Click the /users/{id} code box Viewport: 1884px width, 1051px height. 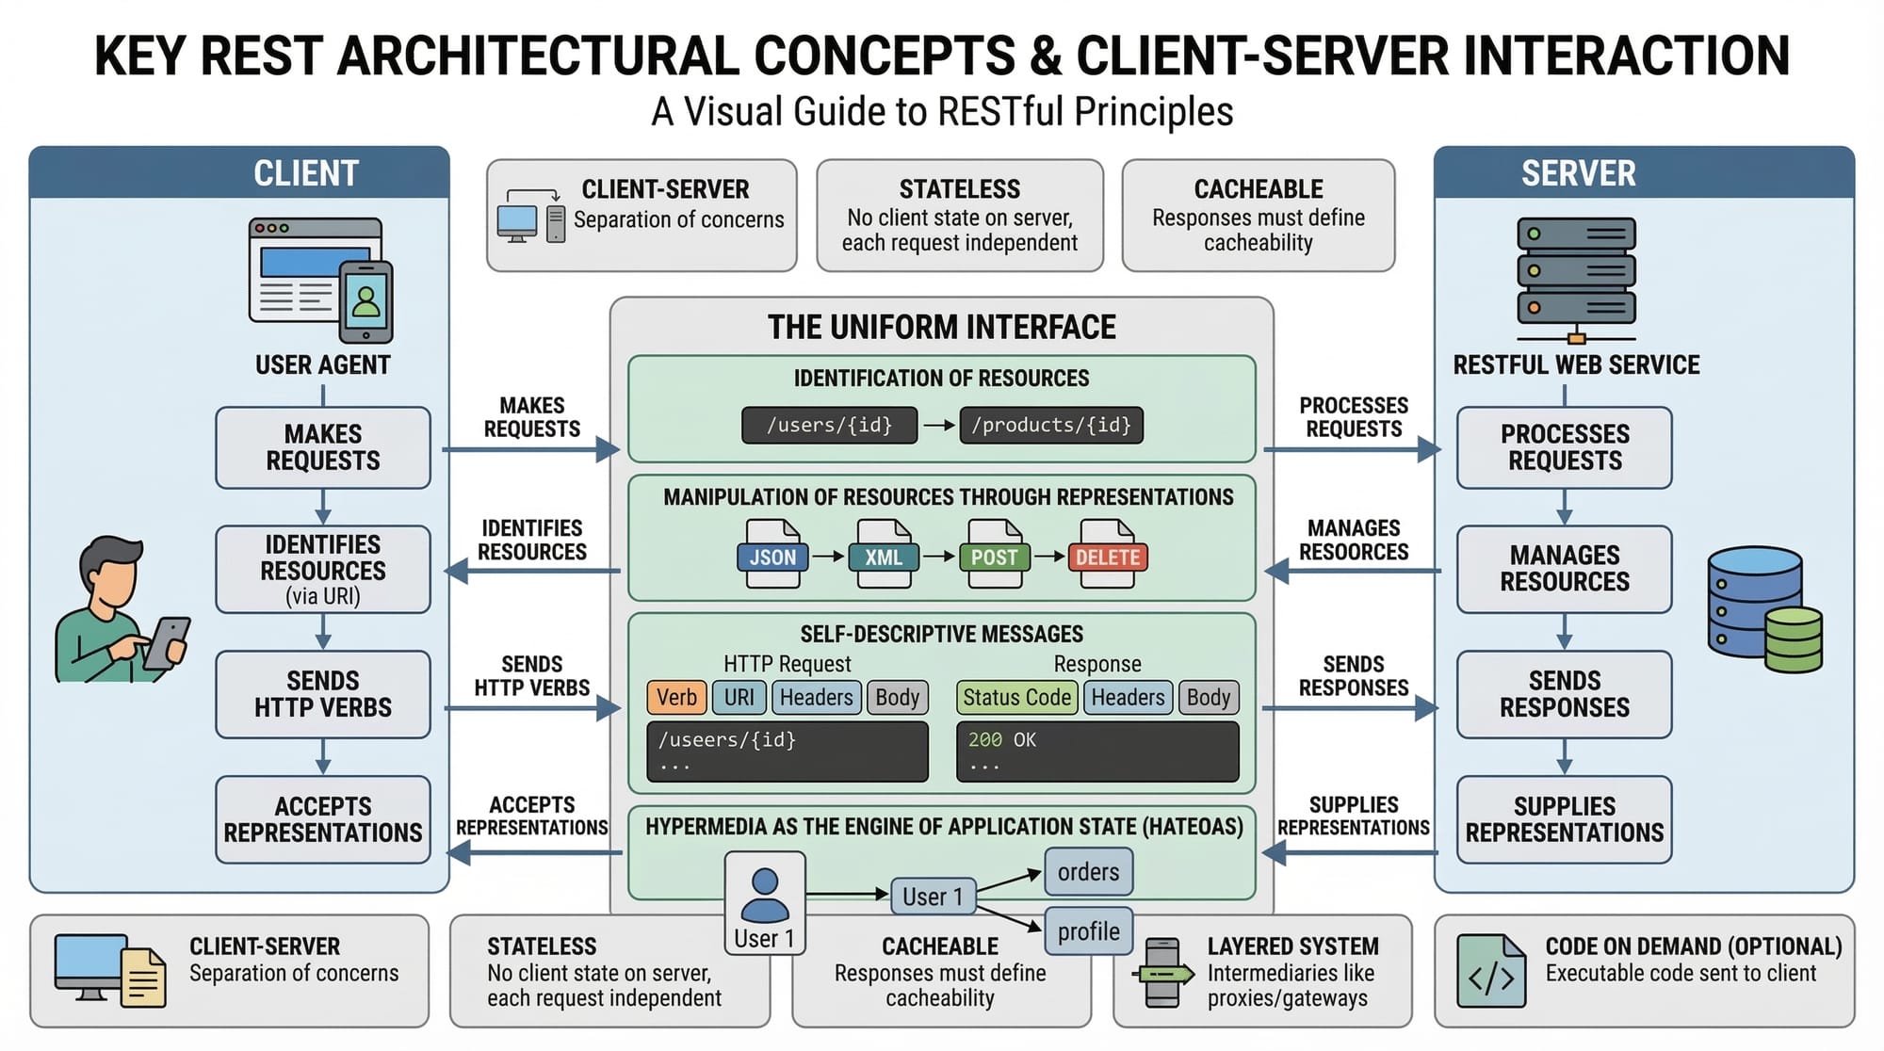click(829, 425)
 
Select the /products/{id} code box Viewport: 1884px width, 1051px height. click(1051, 425)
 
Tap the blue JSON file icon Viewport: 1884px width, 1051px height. click(772, 555)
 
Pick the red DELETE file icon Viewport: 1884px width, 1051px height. click(1108, 555)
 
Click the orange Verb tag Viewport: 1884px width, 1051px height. click(676, 698)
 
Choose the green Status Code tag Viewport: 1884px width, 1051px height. click(1016, 698)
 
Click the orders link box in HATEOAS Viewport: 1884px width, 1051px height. click(1088, 872)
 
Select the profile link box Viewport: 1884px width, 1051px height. click(1088, 931)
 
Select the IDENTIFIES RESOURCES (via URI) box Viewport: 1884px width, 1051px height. click(323, 570)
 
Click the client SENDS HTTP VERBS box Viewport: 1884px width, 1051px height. click(323, 694)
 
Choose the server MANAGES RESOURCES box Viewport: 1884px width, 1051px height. click(1565, 569)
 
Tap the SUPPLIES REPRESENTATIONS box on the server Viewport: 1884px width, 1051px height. click(1565, 819)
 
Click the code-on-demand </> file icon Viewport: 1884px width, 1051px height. click(1490, 971)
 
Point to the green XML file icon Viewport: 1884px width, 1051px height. click(884, 555)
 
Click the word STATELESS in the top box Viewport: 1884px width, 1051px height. click(959, 189)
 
